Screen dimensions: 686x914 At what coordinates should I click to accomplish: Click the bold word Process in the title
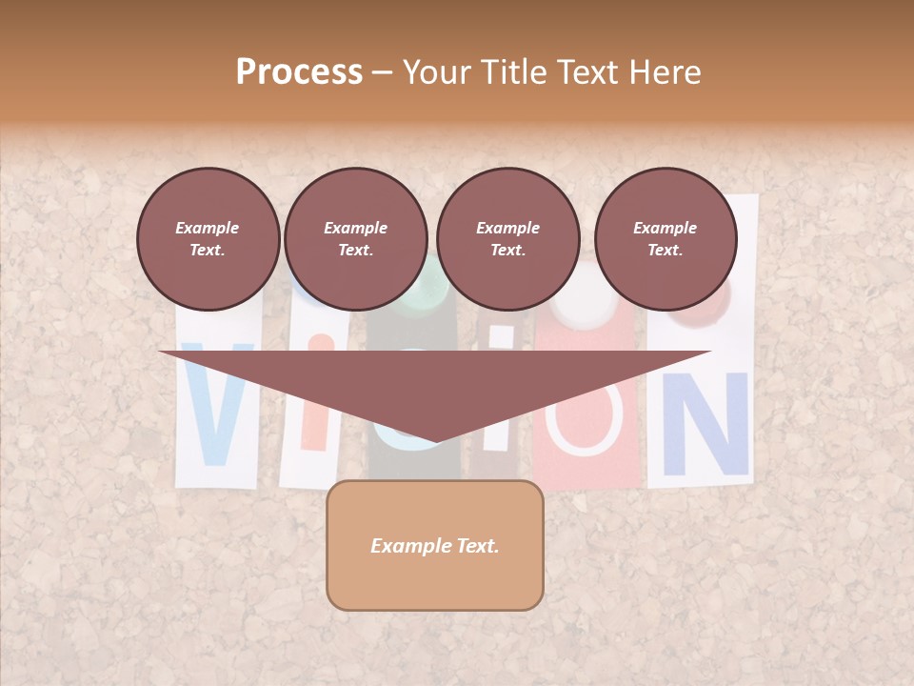(299, 72)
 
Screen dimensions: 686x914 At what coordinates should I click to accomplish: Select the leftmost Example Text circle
(208, 239)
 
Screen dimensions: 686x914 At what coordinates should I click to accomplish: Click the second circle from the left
(356, 239)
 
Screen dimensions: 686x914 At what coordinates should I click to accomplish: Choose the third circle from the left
(507, 239)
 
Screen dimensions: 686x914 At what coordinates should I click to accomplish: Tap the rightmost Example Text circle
(666, 239)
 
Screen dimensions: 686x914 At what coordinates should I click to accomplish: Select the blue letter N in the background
(705, 424)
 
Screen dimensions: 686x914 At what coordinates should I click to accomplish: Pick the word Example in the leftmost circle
(208, 228)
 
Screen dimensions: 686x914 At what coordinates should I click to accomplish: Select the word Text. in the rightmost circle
(666, 251)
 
